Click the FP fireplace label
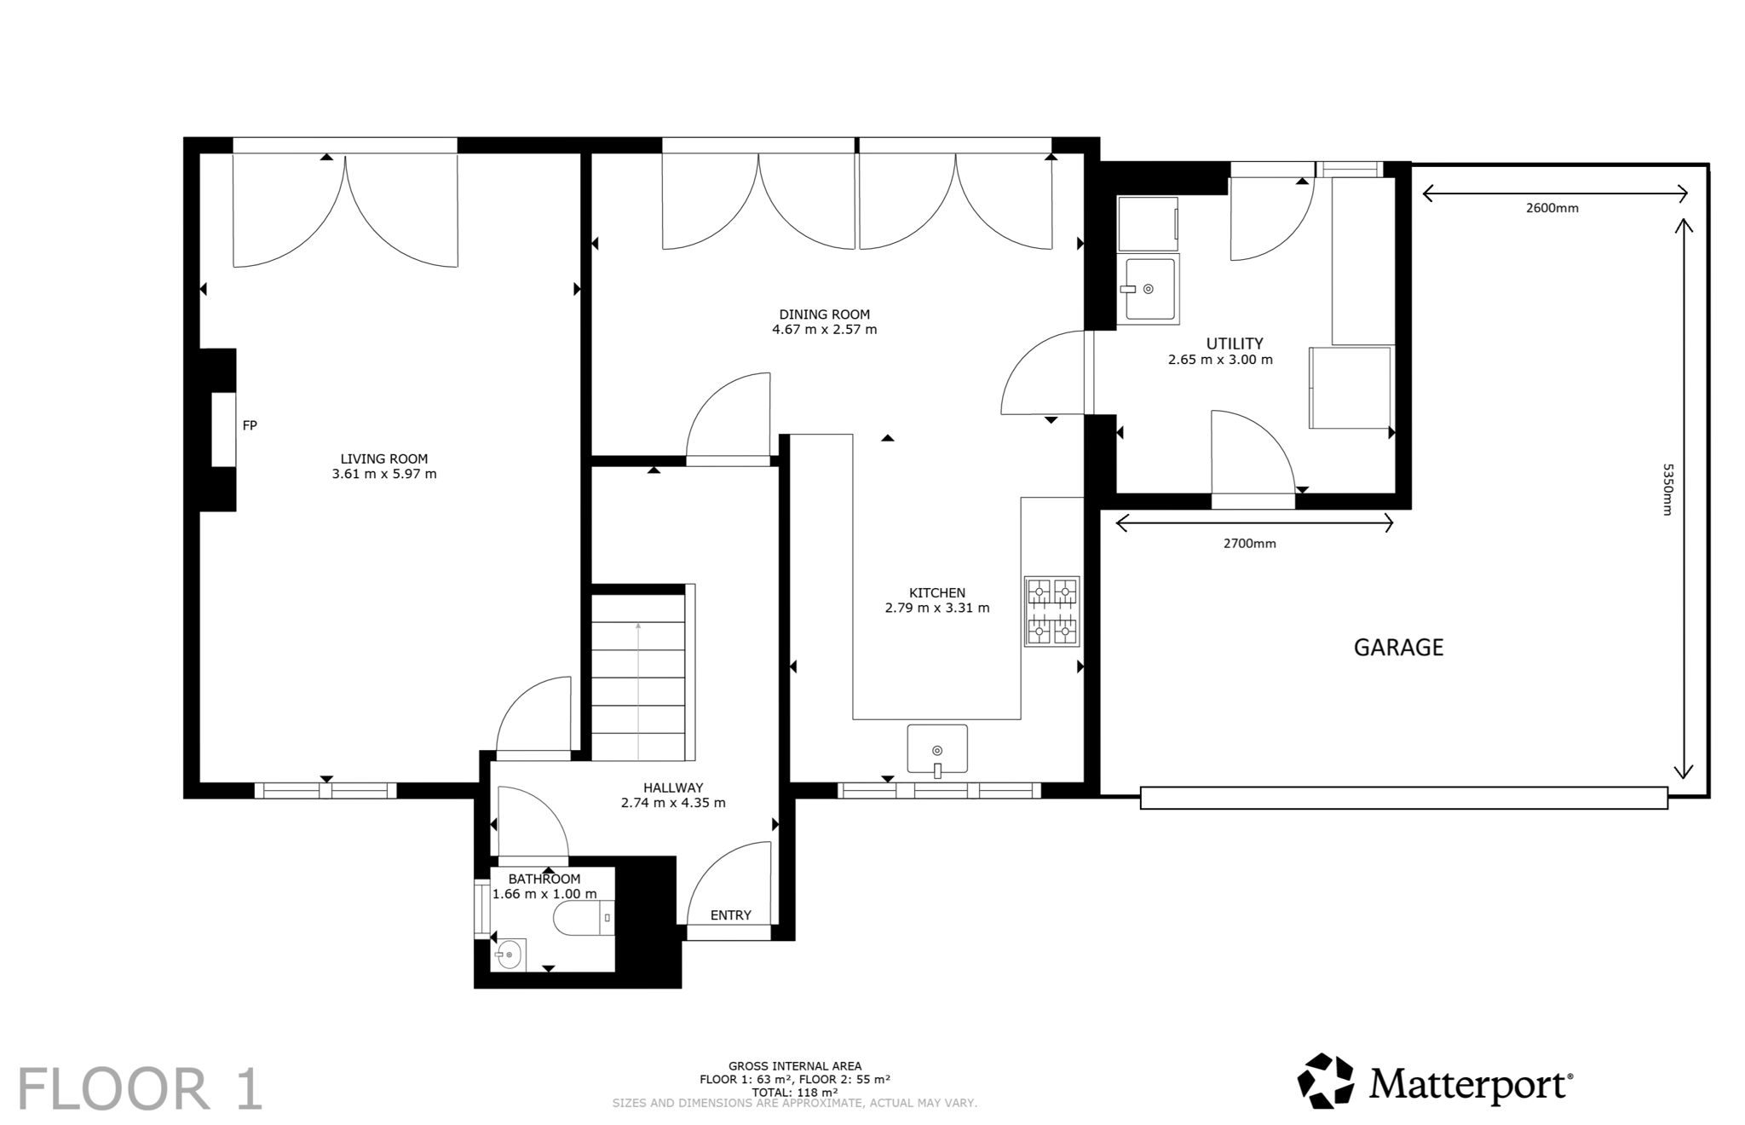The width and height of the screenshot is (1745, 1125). pyautogui.click(x=250, y=425)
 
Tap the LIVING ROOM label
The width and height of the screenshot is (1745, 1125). pyautogui.click(x=384, y=459)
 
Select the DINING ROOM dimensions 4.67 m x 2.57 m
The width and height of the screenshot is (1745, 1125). pyautogui.click(x=824, y=330)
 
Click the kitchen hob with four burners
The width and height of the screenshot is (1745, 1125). pyautogui.click(x=1052, y=611)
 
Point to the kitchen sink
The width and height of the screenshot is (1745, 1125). pyautogui.click(x=937, y=749)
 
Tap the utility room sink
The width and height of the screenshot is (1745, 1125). pyautogui.click(x=1149, y=289)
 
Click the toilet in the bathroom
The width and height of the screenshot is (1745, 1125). pyautogui.click(x=584, y=918)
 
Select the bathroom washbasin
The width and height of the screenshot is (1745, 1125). pyautogui.click(x=509, y=955)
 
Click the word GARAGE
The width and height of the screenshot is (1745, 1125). pyautogui.click(x=1398, y=648)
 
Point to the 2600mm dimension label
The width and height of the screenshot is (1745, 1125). pyautogui.click(x=1552, y=208)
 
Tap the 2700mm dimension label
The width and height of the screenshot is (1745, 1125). pyautogui.click(x=1249, y=544)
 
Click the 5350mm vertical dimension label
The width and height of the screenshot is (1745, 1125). pyautogui.click(x=1668, y=489)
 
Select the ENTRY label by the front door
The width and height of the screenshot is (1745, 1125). pyautogui.click(x=730, y=915)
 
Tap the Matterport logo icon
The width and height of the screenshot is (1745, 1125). pyautogui.click(x=1325, y=1082)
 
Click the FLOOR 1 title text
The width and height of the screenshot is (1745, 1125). pyautogui.click(x=140, y=1089)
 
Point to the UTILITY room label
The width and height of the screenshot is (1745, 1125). pyautogui.click(x=1234, y=343)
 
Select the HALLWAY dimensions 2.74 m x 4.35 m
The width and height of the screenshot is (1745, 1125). pyautogui.click(x=673, y=803)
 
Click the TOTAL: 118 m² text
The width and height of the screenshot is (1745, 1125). pyautogui.click(x=794, y=1092)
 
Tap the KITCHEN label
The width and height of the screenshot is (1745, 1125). pyautogui.click(x=937, y=593)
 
